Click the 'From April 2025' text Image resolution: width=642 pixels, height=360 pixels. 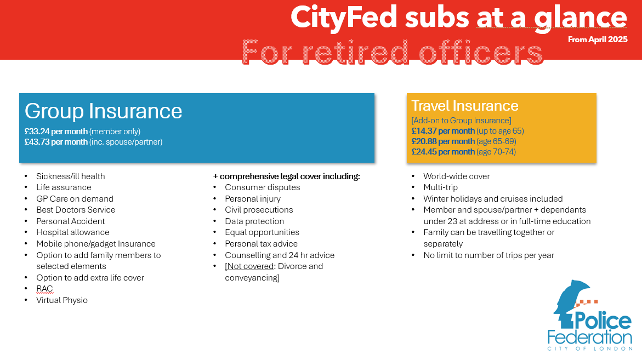[598, 39]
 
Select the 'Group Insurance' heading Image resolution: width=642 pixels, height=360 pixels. [104, 111]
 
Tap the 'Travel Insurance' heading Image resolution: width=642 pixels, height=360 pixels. [464, 106]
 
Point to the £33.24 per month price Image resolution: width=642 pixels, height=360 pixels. [56, 132]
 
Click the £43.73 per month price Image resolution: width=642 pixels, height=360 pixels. [56, 142]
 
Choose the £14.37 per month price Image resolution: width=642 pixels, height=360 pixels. [443, 131]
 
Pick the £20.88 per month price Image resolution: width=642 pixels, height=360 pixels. [443, 141]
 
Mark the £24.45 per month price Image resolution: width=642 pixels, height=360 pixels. [443, 152]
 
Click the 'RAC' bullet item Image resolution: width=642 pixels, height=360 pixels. [44, 289]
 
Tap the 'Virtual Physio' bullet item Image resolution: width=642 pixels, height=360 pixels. [62, 300]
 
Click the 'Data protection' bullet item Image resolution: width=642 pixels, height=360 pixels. [254, 221]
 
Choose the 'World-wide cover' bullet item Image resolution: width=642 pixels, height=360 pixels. [456, 176]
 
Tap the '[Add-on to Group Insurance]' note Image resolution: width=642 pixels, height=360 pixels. [461, 121]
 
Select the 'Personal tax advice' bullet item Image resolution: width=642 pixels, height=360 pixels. [261, 244]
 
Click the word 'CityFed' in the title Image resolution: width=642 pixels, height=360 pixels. [344, 18]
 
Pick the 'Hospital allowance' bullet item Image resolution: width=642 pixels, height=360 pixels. [73, 232]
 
